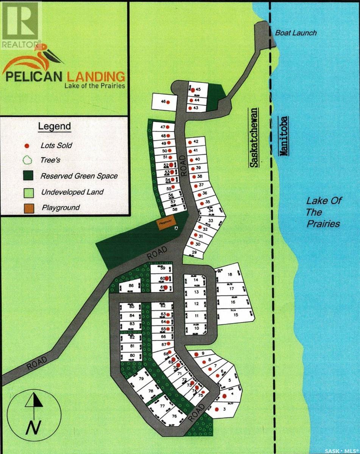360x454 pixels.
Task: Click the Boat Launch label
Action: coord(296,33)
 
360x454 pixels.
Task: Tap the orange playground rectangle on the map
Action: coord(165,224)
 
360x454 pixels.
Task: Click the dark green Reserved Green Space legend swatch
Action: coord(27,176)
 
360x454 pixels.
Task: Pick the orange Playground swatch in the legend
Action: coord(27,208)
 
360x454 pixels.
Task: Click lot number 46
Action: coord(164,102)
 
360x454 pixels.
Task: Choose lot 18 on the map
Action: coord(230,275)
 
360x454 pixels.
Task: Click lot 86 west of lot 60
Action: coord(131,286)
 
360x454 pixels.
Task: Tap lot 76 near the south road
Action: coord(174,416)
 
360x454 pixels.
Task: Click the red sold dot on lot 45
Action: coord(193,90)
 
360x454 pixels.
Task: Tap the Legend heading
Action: coord(55,126)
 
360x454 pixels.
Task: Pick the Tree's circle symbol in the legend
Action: coord(27,160)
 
